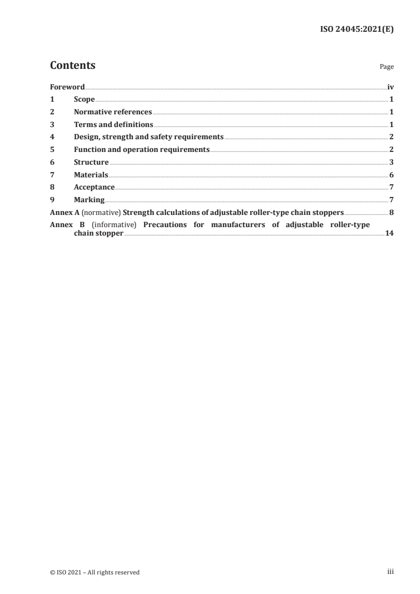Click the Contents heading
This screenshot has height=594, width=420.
pos(73,66)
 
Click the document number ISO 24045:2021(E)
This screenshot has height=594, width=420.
pos(358,30)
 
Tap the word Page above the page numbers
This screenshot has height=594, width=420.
pos(387,67)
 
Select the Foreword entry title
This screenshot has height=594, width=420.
pos(67,87)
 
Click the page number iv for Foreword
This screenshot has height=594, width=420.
pos(390,87)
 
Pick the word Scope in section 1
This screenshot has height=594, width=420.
pos(84,100)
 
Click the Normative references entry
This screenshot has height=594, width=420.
pos(113,112)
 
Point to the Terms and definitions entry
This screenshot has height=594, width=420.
pos(113,125)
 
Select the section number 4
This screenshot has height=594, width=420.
pos(52,137)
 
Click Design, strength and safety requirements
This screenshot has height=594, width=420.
pos(149,137)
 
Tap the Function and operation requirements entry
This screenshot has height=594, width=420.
pos(142,150)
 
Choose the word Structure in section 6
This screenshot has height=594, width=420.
pos(91,163)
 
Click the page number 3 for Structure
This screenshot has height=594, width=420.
pos(391,163)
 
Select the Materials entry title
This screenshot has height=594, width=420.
pos(91,175)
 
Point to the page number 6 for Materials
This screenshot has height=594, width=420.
pos(391,175)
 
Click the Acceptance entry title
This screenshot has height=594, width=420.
pos(94,187)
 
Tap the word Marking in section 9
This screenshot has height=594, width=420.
pos(89,200)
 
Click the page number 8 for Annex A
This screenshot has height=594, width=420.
pos(391,213)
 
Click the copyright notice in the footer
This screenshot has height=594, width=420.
pos(95,572)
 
